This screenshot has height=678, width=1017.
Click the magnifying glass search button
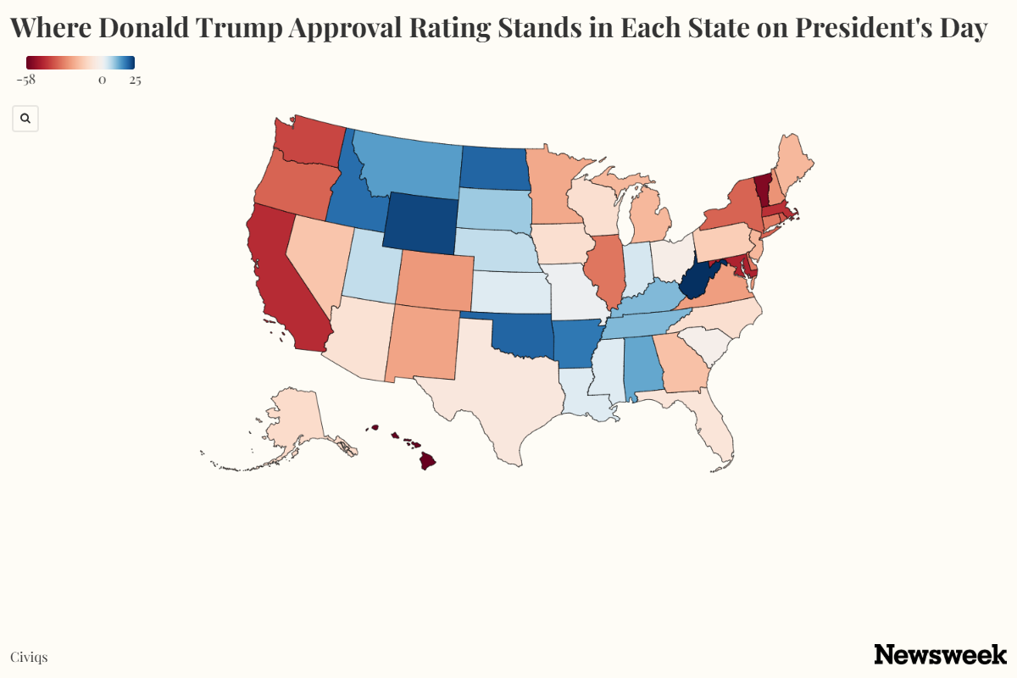pos(25,119)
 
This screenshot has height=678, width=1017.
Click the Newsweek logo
pos(940,654)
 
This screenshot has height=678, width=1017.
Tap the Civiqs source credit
pos(29,657)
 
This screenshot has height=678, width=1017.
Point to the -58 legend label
pos(25,81)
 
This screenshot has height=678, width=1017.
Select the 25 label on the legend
pos(135,81)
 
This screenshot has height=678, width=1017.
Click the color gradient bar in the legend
pos(81,63)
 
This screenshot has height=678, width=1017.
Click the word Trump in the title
pos(240,28)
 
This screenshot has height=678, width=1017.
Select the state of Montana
pos(407,165)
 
